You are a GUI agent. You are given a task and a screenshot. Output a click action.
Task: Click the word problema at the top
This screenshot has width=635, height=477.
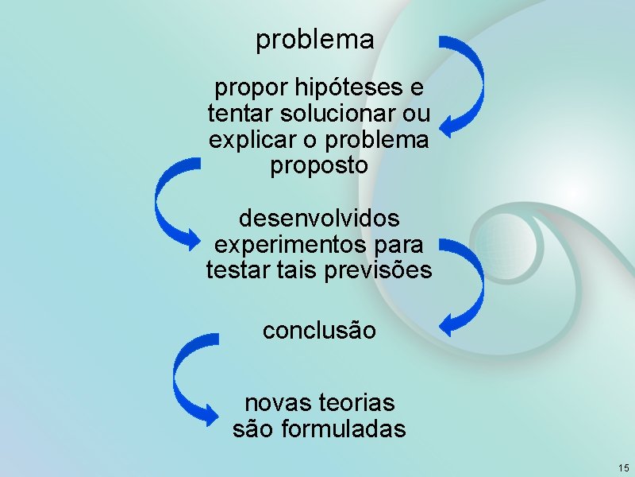tap(315, 40)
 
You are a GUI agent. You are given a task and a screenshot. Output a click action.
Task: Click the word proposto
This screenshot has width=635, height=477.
tap(319, 167)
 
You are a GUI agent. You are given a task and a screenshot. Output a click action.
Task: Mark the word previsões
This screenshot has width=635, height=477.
tap(379, 270)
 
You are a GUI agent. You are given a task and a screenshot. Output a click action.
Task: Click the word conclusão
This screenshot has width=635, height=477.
tap(319, 330)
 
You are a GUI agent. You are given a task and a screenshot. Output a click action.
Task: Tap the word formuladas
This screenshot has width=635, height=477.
tap(344, 429)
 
